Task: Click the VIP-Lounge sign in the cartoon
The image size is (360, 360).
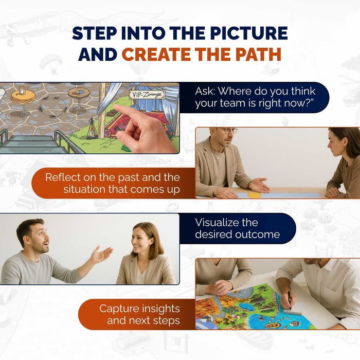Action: [x=147, y=94]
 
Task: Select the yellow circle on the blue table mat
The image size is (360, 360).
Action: [x=254, y=195]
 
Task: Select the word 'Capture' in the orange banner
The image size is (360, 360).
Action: [x=119, y=309]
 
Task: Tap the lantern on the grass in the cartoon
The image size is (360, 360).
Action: [x=92, y=129]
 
